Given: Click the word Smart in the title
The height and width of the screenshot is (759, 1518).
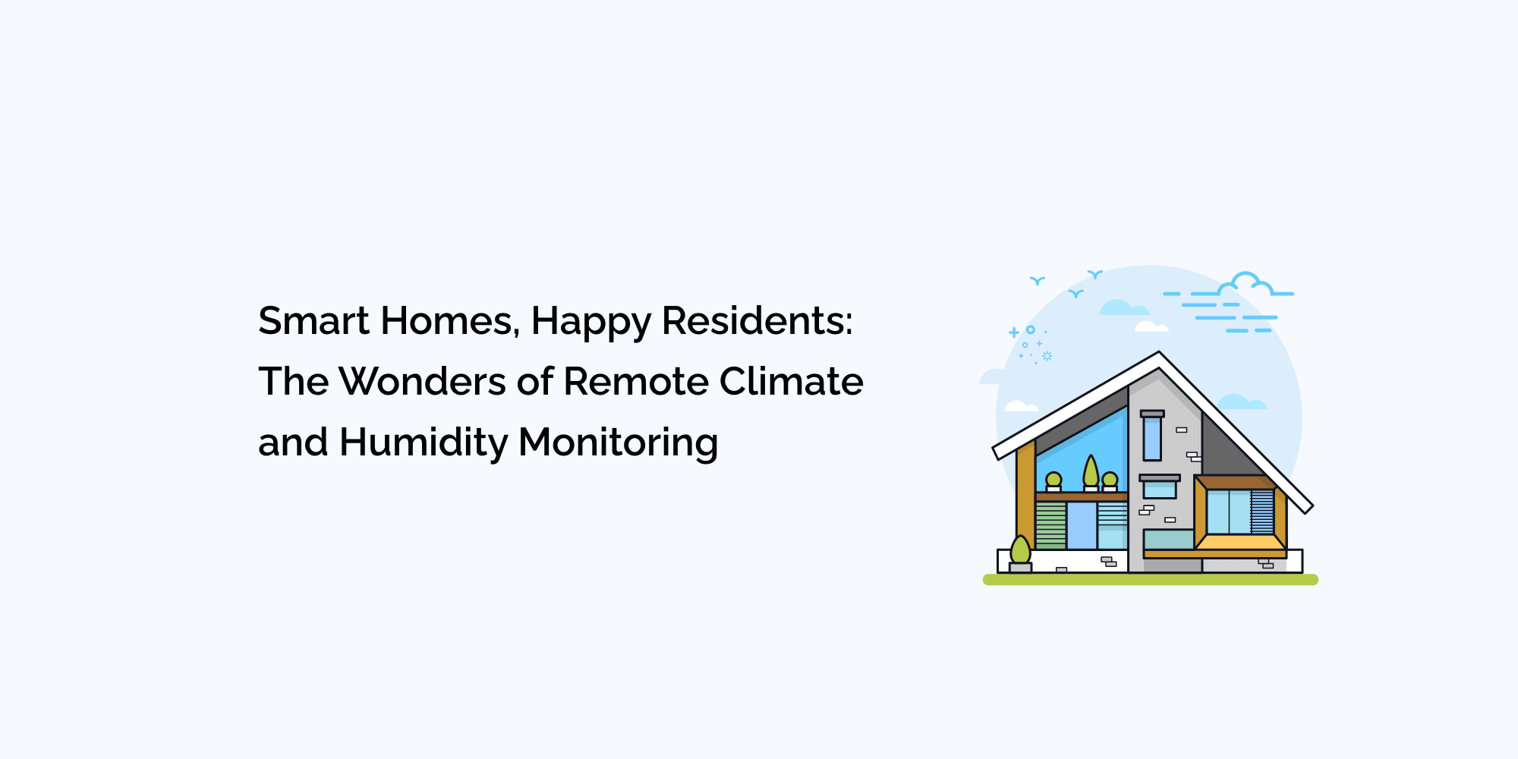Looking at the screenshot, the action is point(313,320).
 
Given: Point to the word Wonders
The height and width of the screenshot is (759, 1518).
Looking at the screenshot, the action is point(422,381).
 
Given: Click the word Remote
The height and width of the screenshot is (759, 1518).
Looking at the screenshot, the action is point(636,381).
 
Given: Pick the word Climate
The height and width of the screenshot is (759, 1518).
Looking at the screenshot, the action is point(792,381).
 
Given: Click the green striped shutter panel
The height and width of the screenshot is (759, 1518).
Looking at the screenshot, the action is point(1051,525).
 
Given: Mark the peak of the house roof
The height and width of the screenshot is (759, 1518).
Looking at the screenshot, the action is point(1159,352).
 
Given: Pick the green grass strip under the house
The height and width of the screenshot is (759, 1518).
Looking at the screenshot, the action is point(1151,580).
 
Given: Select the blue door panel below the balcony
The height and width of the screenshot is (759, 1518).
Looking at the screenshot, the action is point(1082,525).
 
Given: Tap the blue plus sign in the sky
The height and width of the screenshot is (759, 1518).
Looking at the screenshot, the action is point(1014,332).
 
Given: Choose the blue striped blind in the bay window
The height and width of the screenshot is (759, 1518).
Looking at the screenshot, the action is point(1262,512).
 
